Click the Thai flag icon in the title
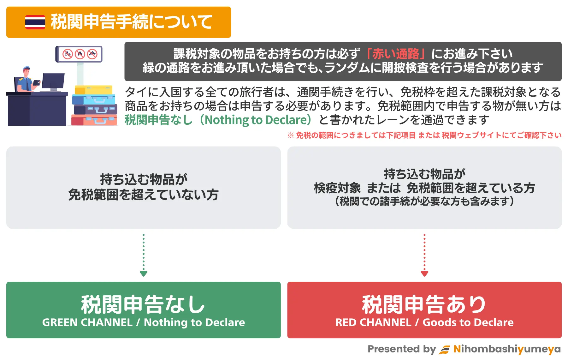point(35,22)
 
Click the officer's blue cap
point(27,68)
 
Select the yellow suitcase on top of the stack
point(94,90)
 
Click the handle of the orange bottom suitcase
point(100,121)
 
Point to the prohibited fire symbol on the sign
point(80,54)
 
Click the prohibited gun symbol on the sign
point(92,54)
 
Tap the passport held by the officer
point(37,83)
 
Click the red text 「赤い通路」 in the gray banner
point(396,54)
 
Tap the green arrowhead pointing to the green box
point(144,273)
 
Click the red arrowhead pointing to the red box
point(424,273)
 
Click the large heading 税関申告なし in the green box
point(143,305)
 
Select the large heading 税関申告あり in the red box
point(424,305)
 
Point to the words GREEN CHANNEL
point(87,322)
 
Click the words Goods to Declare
point(468,322)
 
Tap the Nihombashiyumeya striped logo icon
point(445,350)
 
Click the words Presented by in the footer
point(402,349)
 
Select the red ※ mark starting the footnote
point(291,135)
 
